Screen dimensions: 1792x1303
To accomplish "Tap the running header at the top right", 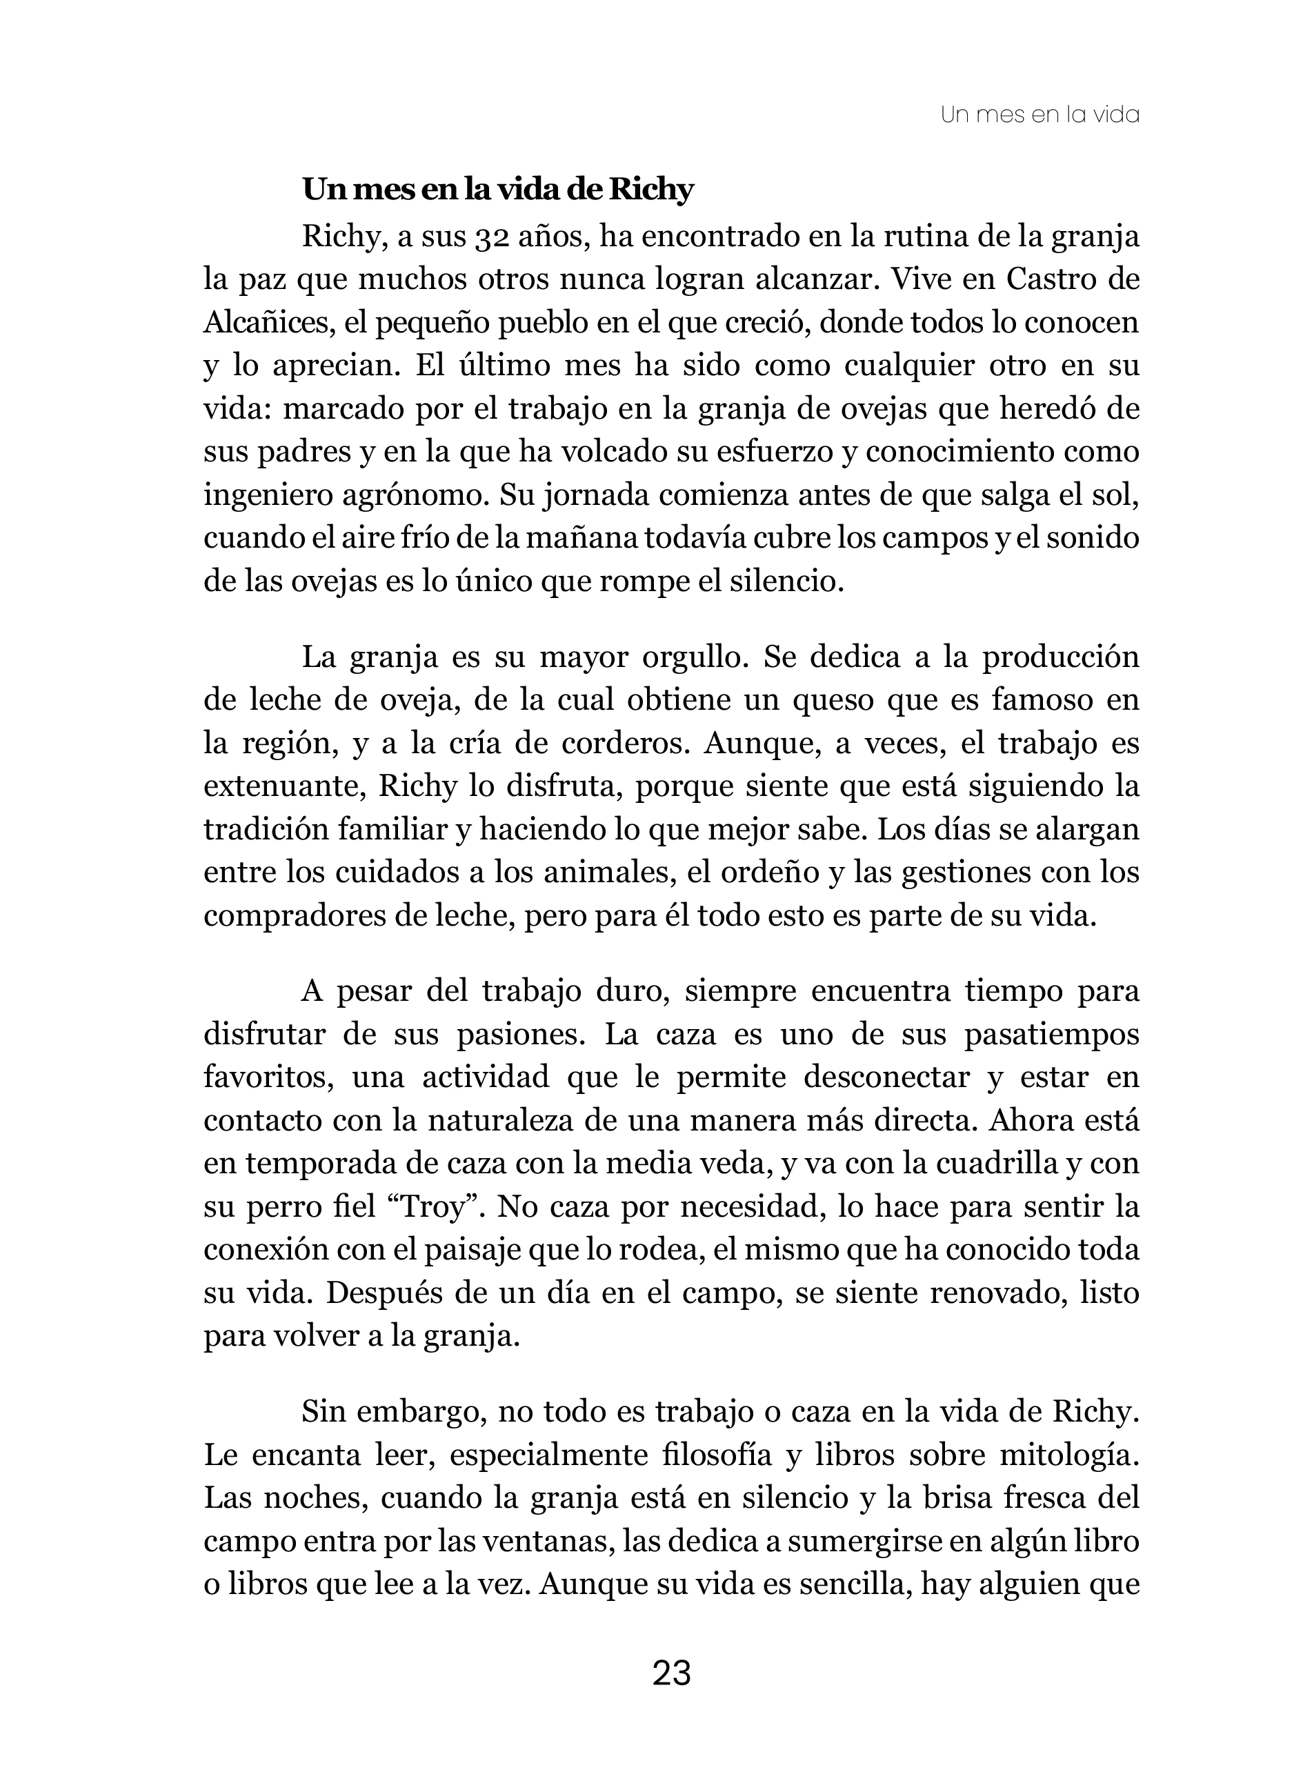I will click(x=1040, y=115).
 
